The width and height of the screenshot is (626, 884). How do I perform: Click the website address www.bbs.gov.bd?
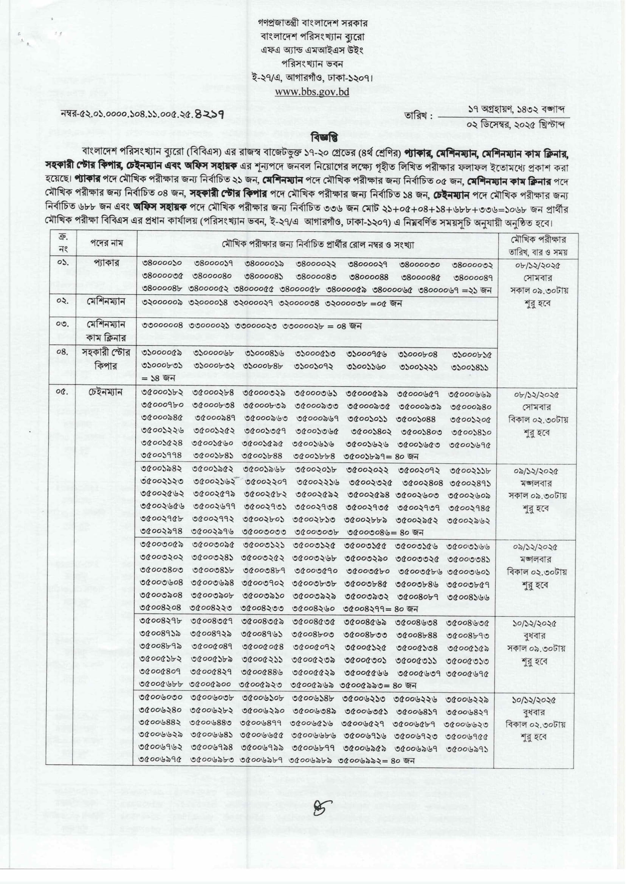[x=312, y=92]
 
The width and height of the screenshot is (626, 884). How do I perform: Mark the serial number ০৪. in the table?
[x=62, y=352]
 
